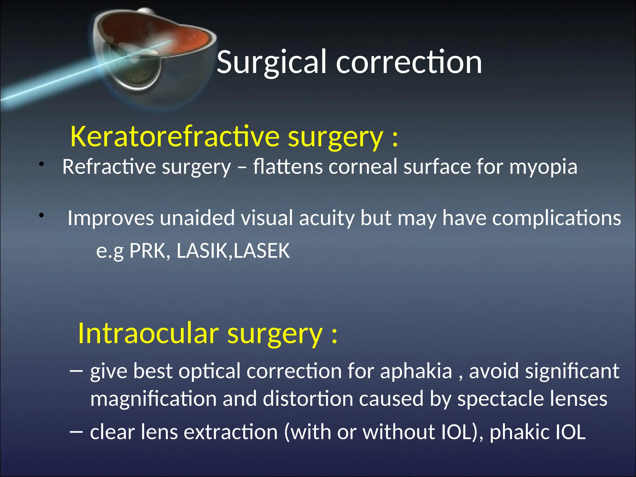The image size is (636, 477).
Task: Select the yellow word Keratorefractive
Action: click(175, 137)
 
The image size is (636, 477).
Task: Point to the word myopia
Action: click(543, 167)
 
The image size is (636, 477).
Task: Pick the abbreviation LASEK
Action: click(261, 251)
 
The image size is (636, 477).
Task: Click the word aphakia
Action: click(416, 371)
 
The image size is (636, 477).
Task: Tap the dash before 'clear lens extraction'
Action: click(76, 432)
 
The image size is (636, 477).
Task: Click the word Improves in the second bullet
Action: click(111, 218)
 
